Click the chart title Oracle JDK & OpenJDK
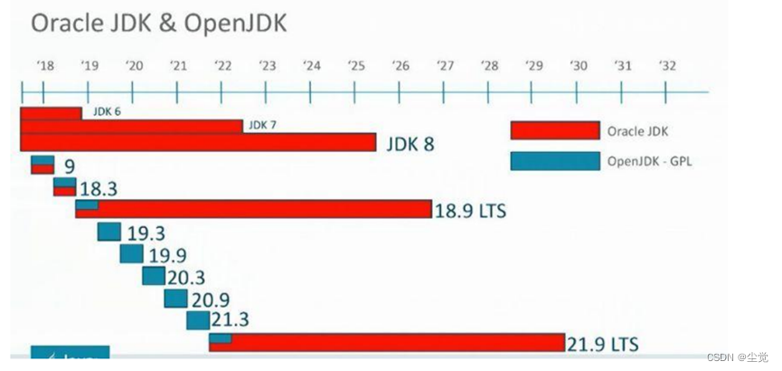tap(158, 24)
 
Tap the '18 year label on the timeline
tap(45, 66)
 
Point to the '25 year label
tap(356, 66)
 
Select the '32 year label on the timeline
tap(667, 66)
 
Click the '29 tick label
tap(533, 66)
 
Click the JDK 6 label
tap(95, 113)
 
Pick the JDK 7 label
tap(262, 125)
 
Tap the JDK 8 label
tap(410, 143)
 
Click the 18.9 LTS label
tap(470, 211)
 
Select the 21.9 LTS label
tap(603, 345)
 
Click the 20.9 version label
tap(210, 300)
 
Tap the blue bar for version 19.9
tap(131, 254)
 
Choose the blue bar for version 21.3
tap(198, 321)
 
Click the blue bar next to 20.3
tap(154, 276)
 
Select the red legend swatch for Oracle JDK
tap(554, 130)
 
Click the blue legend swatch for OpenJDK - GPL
tap(554, 161)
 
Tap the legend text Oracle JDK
tap(637, 131)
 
